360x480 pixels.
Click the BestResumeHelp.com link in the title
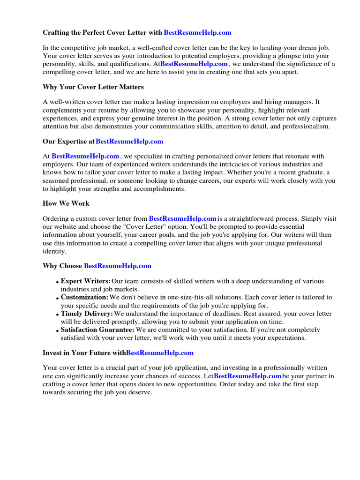tap(197, 33)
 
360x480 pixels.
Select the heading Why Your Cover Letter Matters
tap(93, 87)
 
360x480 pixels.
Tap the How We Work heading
tap(66, 203)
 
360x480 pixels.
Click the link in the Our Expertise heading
tap(129, 141)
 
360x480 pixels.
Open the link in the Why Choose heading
tap(118, 266)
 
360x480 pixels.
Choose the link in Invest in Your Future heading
tap(160, 352)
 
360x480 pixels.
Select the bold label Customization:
tap(84, 297)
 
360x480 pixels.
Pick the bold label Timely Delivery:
tap(87, 314)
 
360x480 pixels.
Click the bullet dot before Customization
tap(57, 298)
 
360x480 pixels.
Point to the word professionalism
tap(306, 127)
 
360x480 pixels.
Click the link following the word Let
tap(247, 376)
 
